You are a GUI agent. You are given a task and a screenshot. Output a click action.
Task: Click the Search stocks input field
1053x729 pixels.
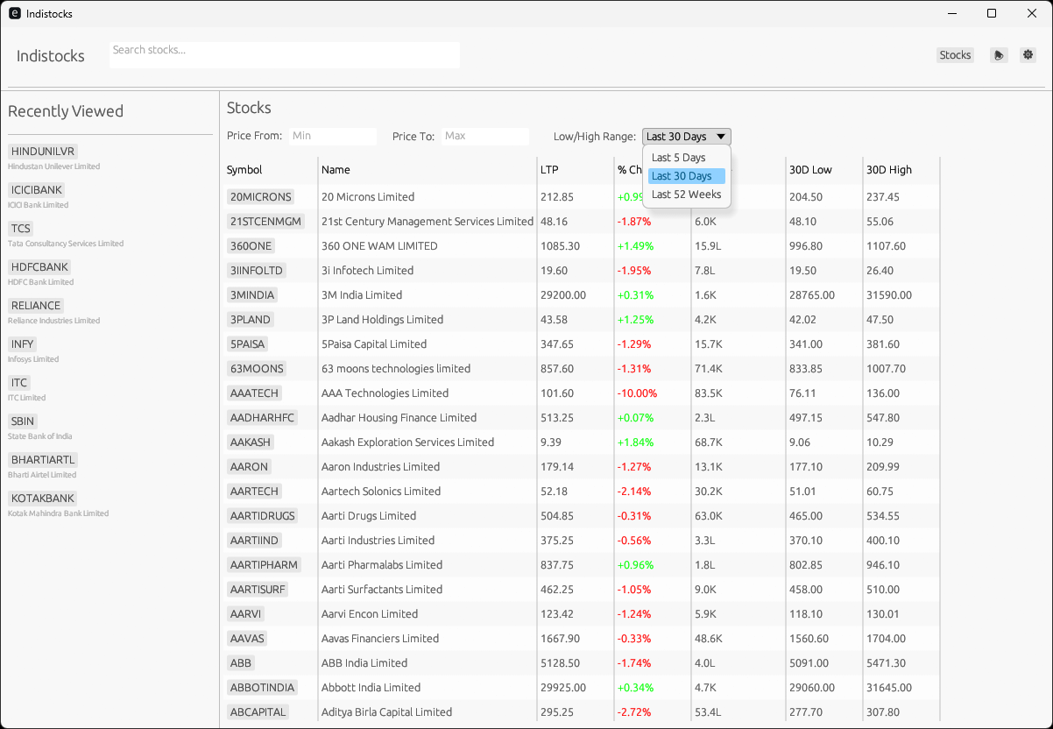pos(284,54)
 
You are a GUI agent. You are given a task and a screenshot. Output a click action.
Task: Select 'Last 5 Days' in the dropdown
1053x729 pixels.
pos(679,158)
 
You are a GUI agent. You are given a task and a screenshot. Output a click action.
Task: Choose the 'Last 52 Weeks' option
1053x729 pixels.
pos(686,195)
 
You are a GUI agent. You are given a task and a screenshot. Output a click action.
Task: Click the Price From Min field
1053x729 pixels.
pos(333,136)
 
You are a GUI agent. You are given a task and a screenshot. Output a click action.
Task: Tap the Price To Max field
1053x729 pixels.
pos(485,136)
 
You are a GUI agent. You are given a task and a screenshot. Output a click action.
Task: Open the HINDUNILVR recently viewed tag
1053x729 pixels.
pos(43,152)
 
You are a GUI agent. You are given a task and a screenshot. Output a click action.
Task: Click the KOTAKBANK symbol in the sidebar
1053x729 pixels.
pos(42,499)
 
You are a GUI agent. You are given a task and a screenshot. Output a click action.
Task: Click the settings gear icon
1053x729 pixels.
pos(1028,54)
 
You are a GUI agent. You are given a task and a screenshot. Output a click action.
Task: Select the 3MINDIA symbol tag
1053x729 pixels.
pos(252,295)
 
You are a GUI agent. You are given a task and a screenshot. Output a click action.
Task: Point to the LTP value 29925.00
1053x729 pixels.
pos(563,688)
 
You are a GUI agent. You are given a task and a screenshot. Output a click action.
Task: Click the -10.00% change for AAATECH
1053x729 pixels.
pos(637,393)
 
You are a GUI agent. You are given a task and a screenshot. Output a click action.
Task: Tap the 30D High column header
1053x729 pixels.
pos(888,170)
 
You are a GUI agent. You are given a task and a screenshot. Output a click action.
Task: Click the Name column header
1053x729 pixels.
pos(336,170)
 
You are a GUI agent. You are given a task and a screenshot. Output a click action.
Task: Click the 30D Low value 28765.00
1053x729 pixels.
pos(811,295)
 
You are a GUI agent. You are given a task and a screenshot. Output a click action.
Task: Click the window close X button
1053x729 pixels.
pos(1031,13)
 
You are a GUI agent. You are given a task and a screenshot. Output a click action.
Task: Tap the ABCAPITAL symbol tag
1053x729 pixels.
pos(258,712)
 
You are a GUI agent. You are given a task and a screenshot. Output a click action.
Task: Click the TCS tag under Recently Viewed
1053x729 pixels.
pos(21,229)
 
